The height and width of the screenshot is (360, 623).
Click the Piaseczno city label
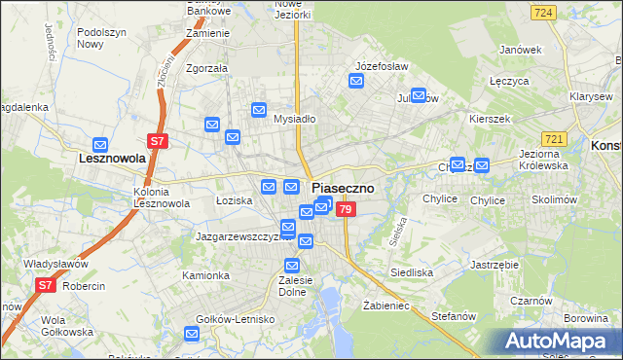coord(349,188)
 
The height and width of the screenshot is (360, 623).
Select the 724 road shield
coord(544,12)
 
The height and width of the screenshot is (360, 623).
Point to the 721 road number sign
coord(555,141)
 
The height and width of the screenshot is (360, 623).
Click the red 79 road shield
coord(347,207)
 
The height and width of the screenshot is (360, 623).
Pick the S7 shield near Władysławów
coord(45,285)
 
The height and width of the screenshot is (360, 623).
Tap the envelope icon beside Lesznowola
coord(99,143)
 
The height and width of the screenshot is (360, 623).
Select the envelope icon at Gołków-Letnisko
coord(192,335)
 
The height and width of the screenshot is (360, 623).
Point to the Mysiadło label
coord(294,120)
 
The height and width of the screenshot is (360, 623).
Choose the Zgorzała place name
coord(206,68)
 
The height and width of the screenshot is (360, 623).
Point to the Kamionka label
coord(205,275)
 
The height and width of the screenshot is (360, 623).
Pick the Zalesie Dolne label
coord(293,285)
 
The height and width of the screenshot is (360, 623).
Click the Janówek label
coord(519,50)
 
